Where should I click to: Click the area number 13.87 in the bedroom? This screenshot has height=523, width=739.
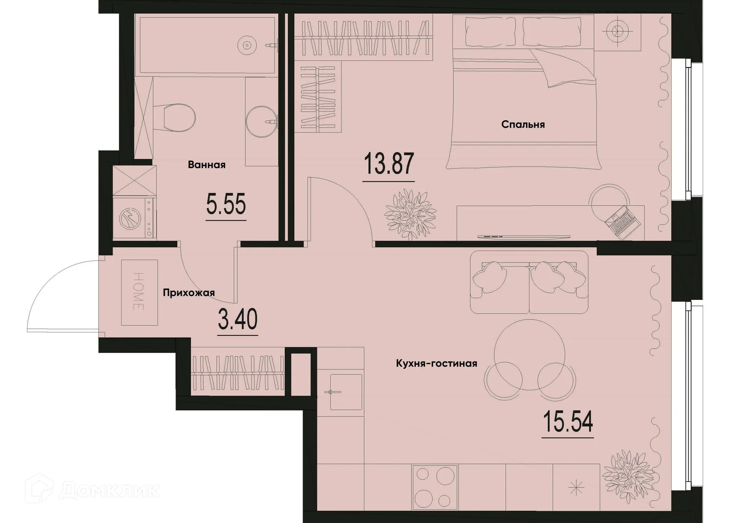coord(388,164)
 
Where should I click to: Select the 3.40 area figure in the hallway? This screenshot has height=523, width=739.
coord(237,320)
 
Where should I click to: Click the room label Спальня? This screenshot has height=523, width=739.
coord(523,124)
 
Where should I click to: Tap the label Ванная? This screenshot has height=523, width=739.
coord(206,165)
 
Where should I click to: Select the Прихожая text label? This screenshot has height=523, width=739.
coord(189,293)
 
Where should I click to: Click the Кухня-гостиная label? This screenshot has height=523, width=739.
coord(436,363)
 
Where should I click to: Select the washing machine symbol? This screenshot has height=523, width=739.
coord(131,219)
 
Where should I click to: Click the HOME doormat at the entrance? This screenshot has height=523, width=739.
coord(139,292)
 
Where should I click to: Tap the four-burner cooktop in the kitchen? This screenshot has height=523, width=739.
coord(435,488)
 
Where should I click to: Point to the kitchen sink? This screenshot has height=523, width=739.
coord(345,392)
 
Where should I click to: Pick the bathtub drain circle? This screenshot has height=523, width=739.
coord(247,45)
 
